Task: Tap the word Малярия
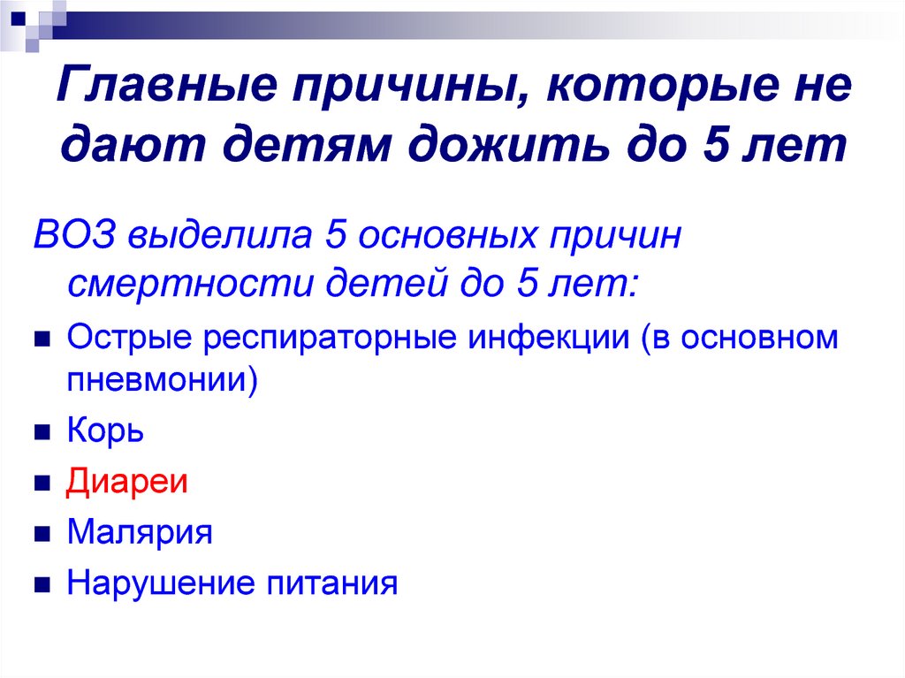point(139,532)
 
